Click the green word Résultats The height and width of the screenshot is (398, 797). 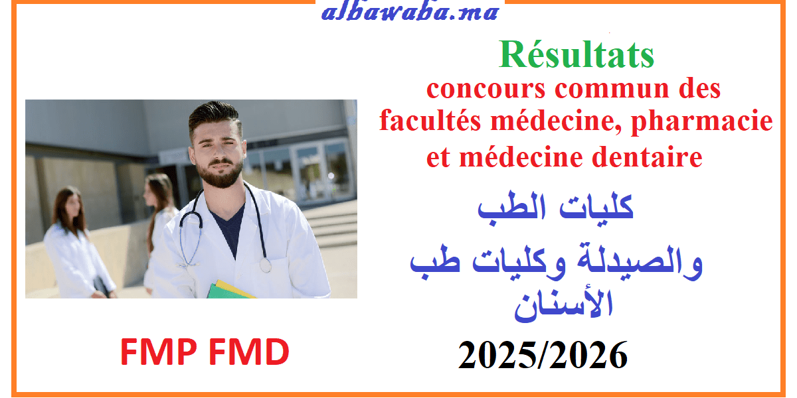(576, 54)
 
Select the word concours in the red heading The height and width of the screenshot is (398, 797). (486, 88)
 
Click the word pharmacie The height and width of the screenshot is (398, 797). (701, 121)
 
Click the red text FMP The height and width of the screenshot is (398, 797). (159, 352)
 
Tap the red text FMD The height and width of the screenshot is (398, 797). (248, 352)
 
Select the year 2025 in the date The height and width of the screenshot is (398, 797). (497, 356)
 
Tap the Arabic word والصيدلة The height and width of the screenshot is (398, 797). (640, 262)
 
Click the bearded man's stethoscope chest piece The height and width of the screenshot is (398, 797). (265, 265)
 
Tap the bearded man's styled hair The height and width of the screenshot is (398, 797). (214, 115)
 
